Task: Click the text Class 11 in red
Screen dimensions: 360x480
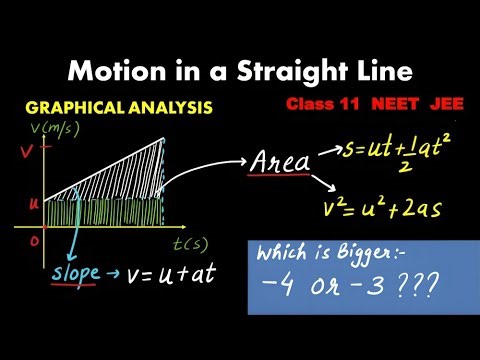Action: (x=319, y=103)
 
